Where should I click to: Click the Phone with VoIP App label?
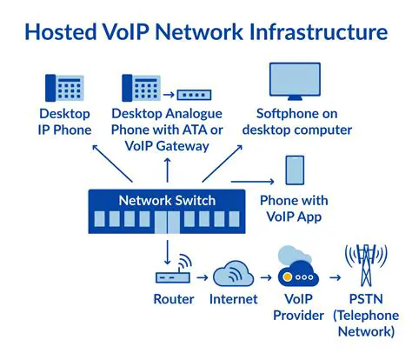coord(295,209)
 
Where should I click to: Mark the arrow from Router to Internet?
coord(201,277)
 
